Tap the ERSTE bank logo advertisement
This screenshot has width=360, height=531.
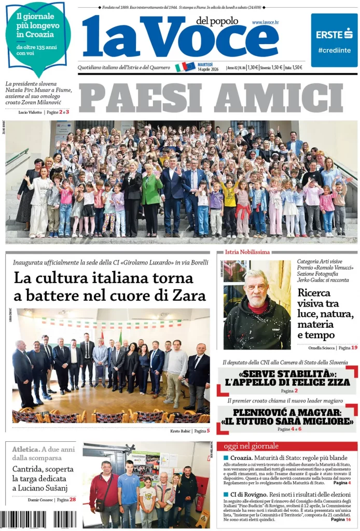coord(334,40)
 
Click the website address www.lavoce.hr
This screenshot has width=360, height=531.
coord(265,23)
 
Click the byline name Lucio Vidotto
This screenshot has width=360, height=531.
coord(30,112)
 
